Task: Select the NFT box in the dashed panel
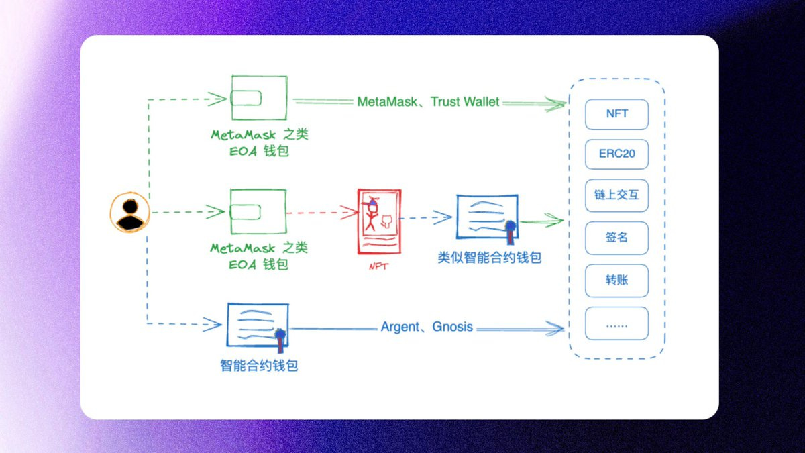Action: click(616, 113)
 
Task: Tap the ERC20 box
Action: click(616, 154)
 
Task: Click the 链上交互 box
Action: click(616, 195)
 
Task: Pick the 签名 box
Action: click(616, 238)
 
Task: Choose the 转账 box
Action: click(616, 280)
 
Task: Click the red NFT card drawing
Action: click(379, 221)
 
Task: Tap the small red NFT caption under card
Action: click(378, 266)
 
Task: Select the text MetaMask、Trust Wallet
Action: click(428, 102)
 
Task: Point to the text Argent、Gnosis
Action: click(427, 327)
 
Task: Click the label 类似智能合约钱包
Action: click(489, 257)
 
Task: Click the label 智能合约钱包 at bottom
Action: click(258, 366)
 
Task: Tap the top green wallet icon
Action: click(259, 98)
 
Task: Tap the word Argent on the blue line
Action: click(400, 327)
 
